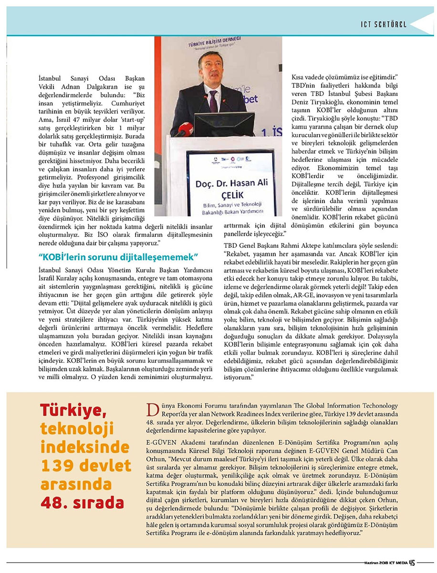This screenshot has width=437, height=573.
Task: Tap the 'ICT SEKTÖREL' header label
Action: pyautogui.click(x=384, y=24)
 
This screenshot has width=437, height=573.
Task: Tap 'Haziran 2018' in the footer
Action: pyautogui.click(x=371, y=563)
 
